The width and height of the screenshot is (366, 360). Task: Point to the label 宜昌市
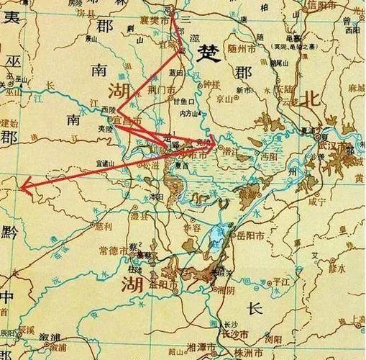(126, 121)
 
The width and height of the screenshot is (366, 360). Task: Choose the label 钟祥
(210, 84)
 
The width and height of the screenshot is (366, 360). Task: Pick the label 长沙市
(233, 336)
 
